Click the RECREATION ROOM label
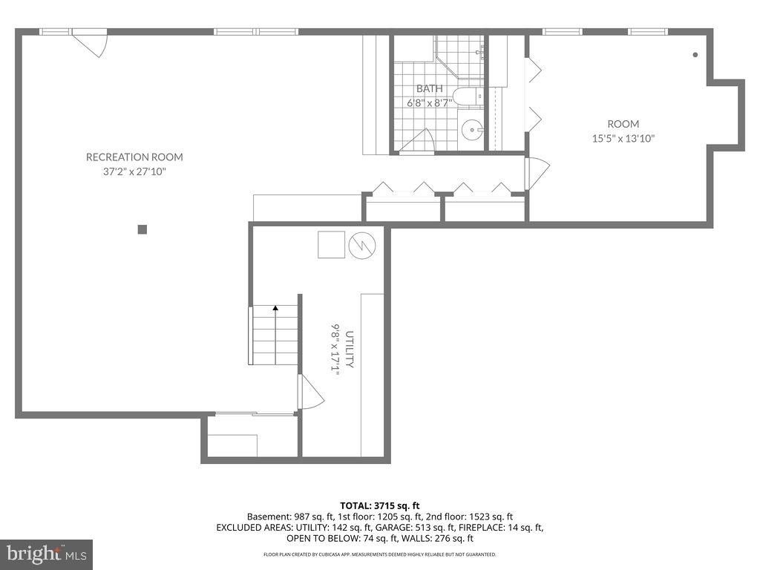pos(134,157)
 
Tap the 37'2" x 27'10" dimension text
pos(134,171)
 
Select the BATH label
pos(429,88)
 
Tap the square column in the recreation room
pos(142,229)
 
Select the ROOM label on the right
pos(623,124)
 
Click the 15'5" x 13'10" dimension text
pos(623,138)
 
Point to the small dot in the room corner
pos(695,54)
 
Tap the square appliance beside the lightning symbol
pos(331,244)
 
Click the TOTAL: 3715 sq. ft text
pos(379,505)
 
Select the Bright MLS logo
pos(45,554)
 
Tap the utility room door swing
pos(309,393)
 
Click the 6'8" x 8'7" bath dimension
pos(429,102)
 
